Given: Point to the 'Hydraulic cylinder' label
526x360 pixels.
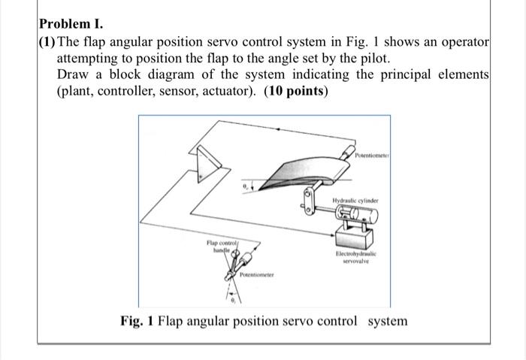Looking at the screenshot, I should [x=358, y=201].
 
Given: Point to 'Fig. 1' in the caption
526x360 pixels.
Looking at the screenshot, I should [x=136, y=321].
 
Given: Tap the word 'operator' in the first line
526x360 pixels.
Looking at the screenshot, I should [x=463, y=40].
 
